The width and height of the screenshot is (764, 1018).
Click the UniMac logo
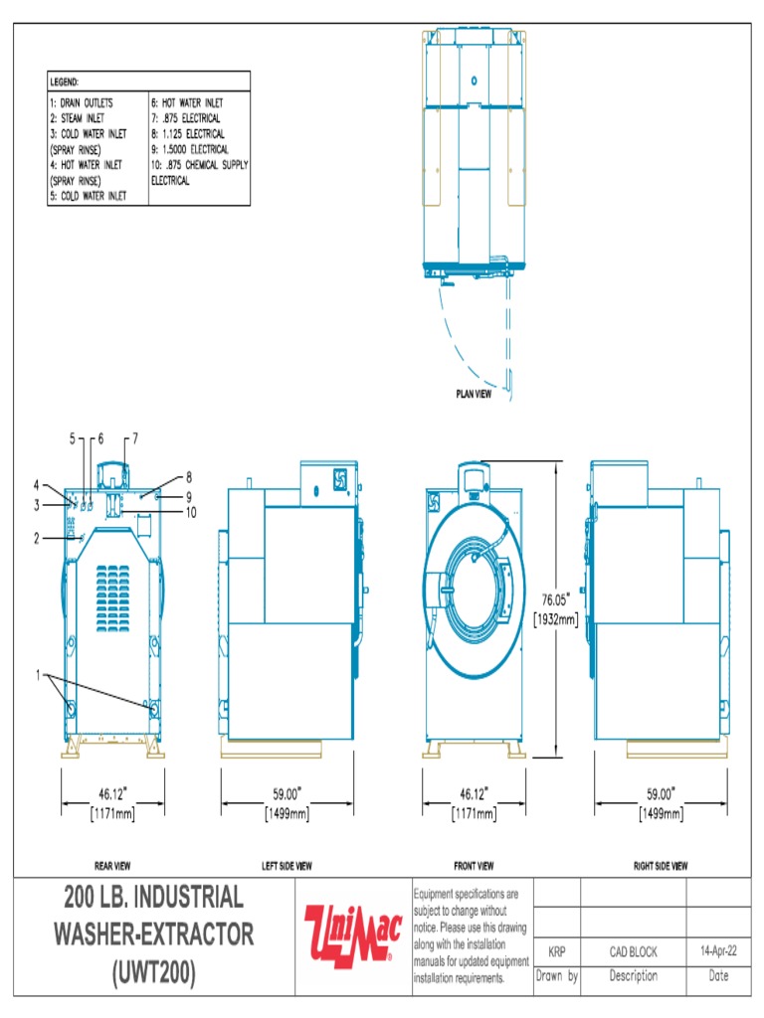tap(352, 934)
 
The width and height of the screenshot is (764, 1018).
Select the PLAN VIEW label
tap(474, 394)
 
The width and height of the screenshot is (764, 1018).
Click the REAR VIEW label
tap(111, 866)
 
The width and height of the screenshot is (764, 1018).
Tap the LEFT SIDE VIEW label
tap(286, 866)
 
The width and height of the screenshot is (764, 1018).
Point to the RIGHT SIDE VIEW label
tap(660, 866)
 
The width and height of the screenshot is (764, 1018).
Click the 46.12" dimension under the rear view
tap(112, 794)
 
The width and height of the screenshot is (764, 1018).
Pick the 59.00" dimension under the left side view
tap(286, 794)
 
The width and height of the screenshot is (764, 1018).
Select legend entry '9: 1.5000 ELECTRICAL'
tap(189, 149)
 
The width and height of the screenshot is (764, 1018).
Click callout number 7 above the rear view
tap(134, 437)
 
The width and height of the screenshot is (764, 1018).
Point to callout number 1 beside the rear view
tap(40, 674)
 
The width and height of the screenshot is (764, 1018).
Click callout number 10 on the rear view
tap(192, 512)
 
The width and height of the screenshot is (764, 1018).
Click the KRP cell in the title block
tap(557, 951)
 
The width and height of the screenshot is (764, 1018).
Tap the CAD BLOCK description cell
tap(633, 951)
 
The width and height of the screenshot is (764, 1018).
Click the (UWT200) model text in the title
tap(153, 972)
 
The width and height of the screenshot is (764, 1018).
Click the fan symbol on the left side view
tap(339, 478)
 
